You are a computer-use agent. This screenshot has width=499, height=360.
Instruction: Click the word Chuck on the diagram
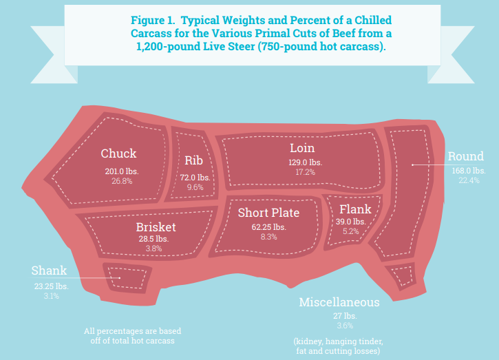click(118, 153)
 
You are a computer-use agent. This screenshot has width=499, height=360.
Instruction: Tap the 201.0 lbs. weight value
click(120, 171)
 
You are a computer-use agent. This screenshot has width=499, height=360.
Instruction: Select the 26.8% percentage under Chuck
click(121, 181)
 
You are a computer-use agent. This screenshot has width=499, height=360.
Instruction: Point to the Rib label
click(193, 161)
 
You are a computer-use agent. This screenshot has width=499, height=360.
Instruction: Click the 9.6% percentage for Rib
click(195, 187)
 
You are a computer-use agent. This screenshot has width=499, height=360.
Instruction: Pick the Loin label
click(301, 148)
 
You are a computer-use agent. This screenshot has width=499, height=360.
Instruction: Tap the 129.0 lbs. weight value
click(305, 162)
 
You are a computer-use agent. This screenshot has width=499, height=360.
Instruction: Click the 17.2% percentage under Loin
click(305, 172)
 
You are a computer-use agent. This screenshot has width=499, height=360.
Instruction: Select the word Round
click(466, 156)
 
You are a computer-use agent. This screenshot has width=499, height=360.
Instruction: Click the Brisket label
click(156, 227)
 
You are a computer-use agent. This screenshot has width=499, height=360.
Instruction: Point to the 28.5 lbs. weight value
click(153, 239)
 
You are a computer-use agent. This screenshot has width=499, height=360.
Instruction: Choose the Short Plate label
click(269, 213)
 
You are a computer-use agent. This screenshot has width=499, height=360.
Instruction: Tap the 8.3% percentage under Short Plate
click(268, 237)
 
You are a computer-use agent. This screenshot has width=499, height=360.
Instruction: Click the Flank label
click(355, 209)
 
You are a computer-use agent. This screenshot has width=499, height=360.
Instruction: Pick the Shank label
click(50, 271)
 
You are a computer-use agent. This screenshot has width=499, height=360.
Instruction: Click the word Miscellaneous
click(339, 303)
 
